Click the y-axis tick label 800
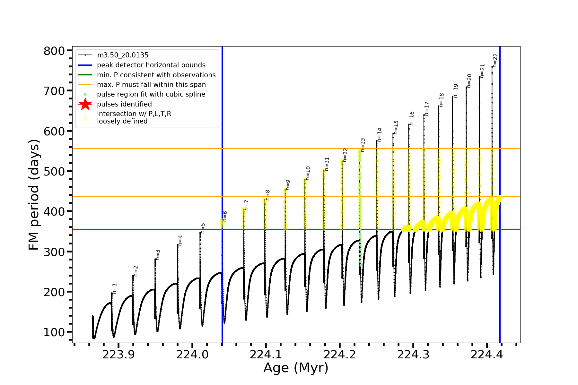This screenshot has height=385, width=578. click(x=54, y=51)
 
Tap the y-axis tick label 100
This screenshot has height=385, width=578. click(x=54, y=332)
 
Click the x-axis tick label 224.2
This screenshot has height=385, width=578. click(x=340, y=355)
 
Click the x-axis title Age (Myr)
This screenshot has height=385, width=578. click(x=296, y=368)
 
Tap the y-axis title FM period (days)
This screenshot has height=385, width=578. click(x=34, y=195)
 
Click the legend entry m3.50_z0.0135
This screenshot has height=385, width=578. click(x=123, y=55)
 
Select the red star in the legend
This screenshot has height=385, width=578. click(x=85, y=104)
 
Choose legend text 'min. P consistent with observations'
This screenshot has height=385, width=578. click(x=156, y=75)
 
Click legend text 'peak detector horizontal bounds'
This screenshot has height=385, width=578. click(x=151, y=65)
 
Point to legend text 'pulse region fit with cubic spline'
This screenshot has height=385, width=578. click(x=151, y=94)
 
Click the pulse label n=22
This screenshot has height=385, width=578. click(x=495, y=60)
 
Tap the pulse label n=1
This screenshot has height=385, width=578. click(x=115, y=288)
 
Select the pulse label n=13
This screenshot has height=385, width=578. click(x=363, y=145)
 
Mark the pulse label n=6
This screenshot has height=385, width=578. click(x=225, y=216)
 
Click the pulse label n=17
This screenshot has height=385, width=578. click(x=427, y=109)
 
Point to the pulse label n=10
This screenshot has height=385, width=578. click(x=308, y=173)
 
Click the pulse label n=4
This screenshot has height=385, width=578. click(x=180, y=240)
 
